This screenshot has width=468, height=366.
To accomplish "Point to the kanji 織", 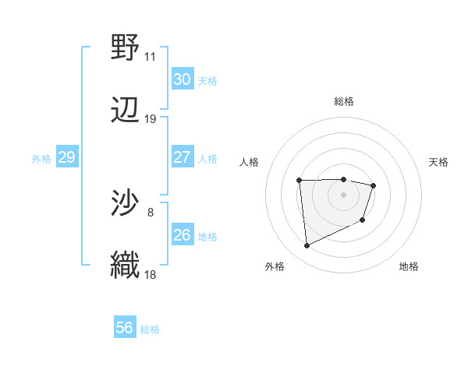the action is click(x=126, y=266).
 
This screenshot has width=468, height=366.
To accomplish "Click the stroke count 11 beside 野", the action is click(x=151, y=57).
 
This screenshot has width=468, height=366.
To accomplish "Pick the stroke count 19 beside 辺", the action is click(x=151, y=119).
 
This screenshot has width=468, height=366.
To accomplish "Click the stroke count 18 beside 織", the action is click(x=151, y=275).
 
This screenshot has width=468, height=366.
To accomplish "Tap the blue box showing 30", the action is click(x=183, y=79).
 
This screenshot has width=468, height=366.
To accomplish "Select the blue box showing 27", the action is click(x=183, y=157).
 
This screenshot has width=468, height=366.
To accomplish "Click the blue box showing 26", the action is click(x=183, y=235).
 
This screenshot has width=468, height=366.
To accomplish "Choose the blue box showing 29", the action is click(x=66, y=157).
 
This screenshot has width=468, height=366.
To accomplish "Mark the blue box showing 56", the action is click(x=125, y=328).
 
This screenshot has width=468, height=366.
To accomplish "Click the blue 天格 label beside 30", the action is click(x=207, y=80).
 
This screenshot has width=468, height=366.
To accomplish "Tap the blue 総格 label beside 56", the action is click(x=150, y=329).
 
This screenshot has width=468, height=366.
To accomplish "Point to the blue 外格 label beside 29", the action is click(x=41, y=158).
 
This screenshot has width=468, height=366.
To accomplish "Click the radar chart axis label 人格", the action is click(x=250, y=162).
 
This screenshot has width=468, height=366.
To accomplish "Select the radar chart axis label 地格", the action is click(x=409, y=266).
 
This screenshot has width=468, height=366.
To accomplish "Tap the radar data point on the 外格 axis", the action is click(x=307, y=246).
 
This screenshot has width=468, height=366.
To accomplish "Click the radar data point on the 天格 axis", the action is click(x=374, y=185).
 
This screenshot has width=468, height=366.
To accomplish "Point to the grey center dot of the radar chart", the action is click(x=343, y=195).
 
